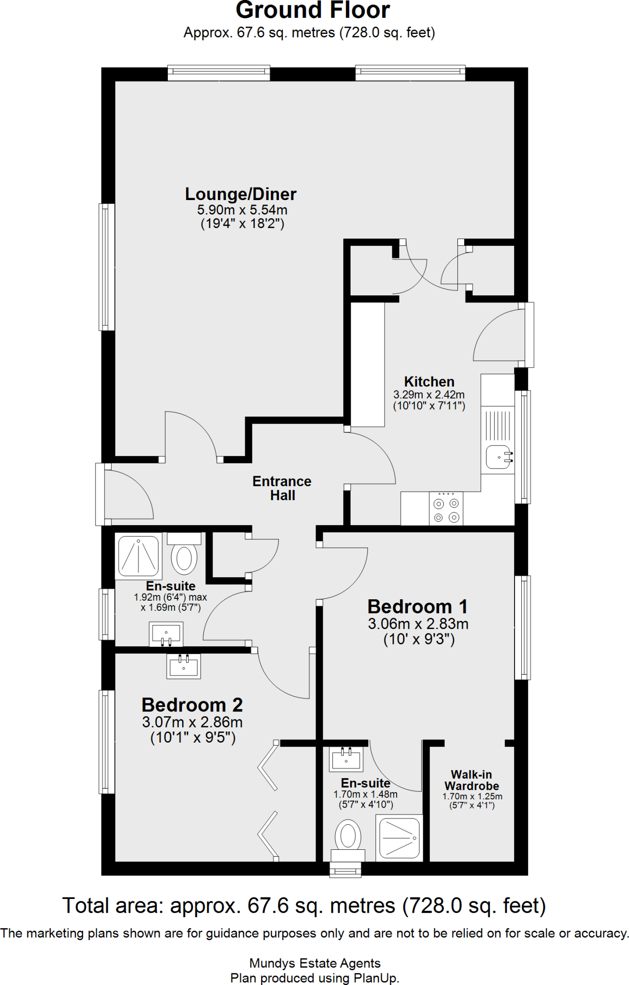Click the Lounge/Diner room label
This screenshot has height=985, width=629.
pos(240,194)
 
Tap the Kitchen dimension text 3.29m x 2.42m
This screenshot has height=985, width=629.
pos(429,395)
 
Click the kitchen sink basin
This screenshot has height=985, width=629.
pos(498,457)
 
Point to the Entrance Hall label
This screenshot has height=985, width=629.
pos(282,488)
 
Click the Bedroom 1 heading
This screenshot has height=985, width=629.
pos(417,607)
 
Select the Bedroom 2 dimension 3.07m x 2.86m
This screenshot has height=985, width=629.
pos(192,722)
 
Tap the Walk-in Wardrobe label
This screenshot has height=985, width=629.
pos(471,780)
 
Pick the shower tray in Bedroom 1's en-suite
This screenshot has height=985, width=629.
pos(399,838)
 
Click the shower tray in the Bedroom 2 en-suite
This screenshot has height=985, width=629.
pos(138,556)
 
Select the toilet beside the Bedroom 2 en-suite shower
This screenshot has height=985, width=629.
pos(184,556)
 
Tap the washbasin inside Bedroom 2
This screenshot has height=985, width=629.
pos(184,666)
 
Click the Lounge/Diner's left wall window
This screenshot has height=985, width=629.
pos(107,267)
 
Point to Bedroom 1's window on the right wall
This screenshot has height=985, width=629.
pos(522,628)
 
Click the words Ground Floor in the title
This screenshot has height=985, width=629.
pos(313,11)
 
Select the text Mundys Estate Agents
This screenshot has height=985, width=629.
pos(314,963)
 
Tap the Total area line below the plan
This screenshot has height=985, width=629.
pos(304,906)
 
